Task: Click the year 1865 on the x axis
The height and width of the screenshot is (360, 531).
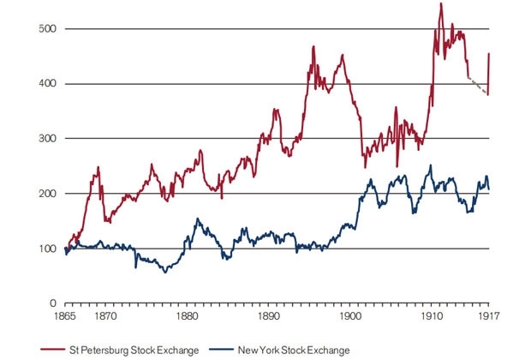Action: pyautogui.click(x=68, y=315)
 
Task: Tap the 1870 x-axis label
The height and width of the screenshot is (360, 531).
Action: pyautogui.click(x=106, y=315)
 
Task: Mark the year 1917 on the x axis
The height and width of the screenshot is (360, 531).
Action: pyautogui.click(x=487, y=315)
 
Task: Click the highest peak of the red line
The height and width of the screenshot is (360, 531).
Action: pyautogui.click(x=441, y=4)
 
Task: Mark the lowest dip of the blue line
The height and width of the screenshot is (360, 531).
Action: pyautogui.click(x=165, y=272)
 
